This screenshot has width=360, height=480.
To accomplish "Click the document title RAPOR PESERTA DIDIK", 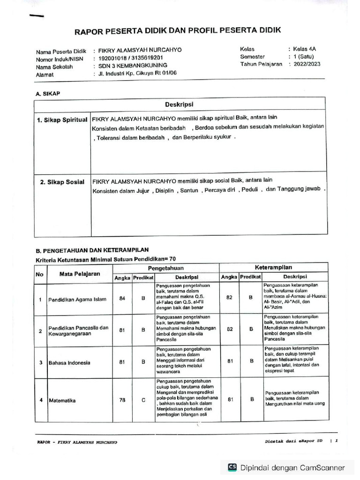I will [x=177, y=31].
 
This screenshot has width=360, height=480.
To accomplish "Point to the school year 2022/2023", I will [x=307, y=65].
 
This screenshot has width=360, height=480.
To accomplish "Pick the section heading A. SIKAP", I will [x=48, y=94].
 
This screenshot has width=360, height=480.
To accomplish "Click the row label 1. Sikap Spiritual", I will [x=62, y=120].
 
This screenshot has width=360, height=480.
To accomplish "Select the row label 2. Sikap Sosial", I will [x=62, y=182].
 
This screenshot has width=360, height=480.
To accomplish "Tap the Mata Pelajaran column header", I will [x=80, y=274].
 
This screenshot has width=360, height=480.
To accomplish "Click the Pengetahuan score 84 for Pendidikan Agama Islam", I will [x=123, y=299].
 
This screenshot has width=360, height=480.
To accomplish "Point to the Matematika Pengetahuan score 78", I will [x=123, y=400].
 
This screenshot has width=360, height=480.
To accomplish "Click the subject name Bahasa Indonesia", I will [x=70, y=362].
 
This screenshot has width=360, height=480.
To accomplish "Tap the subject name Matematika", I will [x=63, y=400].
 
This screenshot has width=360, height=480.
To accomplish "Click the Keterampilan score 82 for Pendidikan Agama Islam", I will [x=230, y=297].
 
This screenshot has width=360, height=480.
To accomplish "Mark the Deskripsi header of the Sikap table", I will [x=179, y=104].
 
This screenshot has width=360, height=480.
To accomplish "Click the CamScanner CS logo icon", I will [x=232, y=467].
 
